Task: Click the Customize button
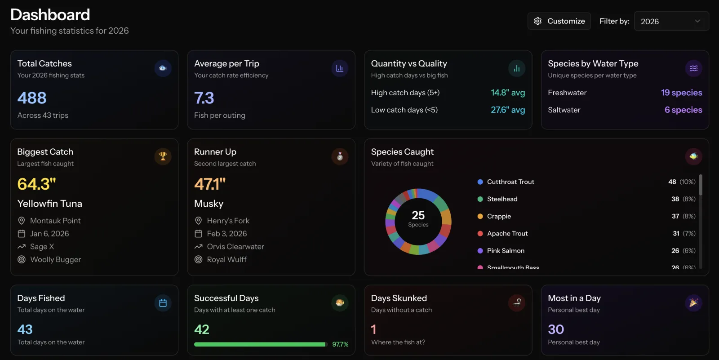point(559,21)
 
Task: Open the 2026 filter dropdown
point(671,21)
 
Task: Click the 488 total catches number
point(32,98)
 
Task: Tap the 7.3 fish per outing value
point(204,98)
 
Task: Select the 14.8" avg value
point(508,93)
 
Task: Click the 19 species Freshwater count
point(681,93)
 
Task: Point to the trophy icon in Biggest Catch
point(163,156)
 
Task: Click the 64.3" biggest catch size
point(36,184)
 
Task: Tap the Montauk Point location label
point(55,221)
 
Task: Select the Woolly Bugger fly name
point(55,259)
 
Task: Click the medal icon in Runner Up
point(340,156)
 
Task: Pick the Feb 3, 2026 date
point(226,234)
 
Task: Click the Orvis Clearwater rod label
point(235,247)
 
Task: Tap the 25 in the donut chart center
point(418,216)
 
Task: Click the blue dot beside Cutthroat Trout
point(480,182)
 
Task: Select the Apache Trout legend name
point(507,234)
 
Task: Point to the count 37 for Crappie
point(675,216)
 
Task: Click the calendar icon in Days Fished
point(163,303)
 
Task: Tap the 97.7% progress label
point(340,344)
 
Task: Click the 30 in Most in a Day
point(556,329)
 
